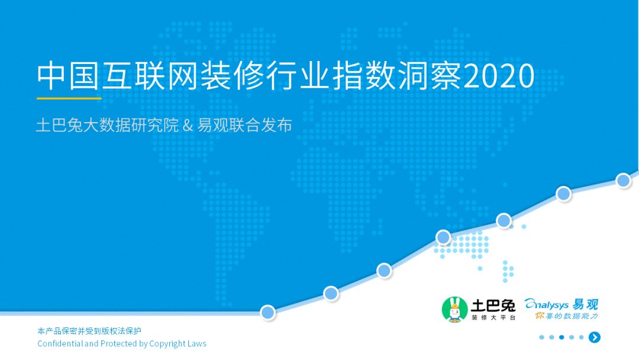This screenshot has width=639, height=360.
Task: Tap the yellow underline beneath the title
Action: coord(69,98)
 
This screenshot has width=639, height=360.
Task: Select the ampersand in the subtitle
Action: coord(189,126)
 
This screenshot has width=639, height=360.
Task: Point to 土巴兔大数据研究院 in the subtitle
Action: coord(107,126)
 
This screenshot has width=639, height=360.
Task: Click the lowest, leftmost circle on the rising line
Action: coord(268,312)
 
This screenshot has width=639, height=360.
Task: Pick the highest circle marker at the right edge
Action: coord(624,181)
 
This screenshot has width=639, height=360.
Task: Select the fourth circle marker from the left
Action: coord(443,237)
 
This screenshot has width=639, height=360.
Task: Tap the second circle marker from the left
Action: coord(331,293)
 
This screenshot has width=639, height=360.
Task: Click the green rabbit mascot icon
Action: coord(454,309)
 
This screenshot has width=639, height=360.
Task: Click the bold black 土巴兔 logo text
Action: coord(493,305)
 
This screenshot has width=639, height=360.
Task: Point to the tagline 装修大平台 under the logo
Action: coord(493,318)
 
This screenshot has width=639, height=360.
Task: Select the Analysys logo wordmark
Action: coord(547,304)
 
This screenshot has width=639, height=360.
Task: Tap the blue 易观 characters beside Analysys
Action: coord(585,304)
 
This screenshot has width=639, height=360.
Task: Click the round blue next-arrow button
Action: coord(595,337)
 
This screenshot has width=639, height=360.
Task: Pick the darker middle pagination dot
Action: coord(561,337)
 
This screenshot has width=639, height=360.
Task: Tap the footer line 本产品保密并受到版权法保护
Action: coord(89,331)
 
